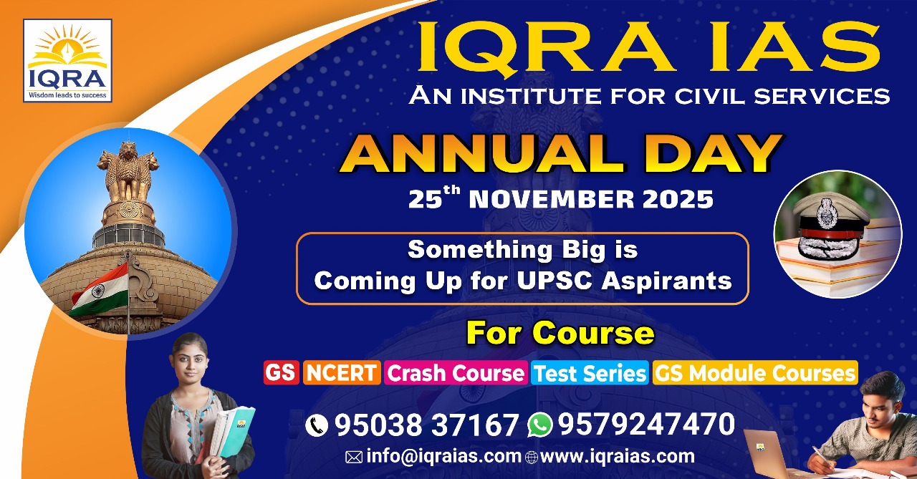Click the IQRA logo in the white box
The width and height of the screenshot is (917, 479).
[x=67, y=61]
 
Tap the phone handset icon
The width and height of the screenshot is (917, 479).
[x=317, y=425]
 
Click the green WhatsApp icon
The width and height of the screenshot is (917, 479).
[x=539, y=425]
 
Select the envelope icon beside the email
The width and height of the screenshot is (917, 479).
[x=354, y=458]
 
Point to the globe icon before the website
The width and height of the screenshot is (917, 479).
[x=532, y=458]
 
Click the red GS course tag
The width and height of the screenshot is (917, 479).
[x=282, y=372]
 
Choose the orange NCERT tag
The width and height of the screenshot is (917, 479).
[x=342, y=372]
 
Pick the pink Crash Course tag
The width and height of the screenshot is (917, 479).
[x=456, y=372]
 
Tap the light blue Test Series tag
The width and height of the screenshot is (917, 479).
[x=590, y=372]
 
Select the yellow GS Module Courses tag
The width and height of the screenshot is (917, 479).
[x=755, y=372]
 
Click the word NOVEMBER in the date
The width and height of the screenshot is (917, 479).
[x=552, y=199]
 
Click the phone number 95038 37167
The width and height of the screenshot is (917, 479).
[x=426, y=425]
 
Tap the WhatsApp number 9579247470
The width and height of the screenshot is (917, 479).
[x=646, y=424]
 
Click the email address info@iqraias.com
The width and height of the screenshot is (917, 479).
[x=443, y=457]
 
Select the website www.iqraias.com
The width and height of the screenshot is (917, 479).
[x=618, y=457]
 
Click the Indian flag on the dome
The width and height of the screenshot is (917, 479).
[x=99, y=289]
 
